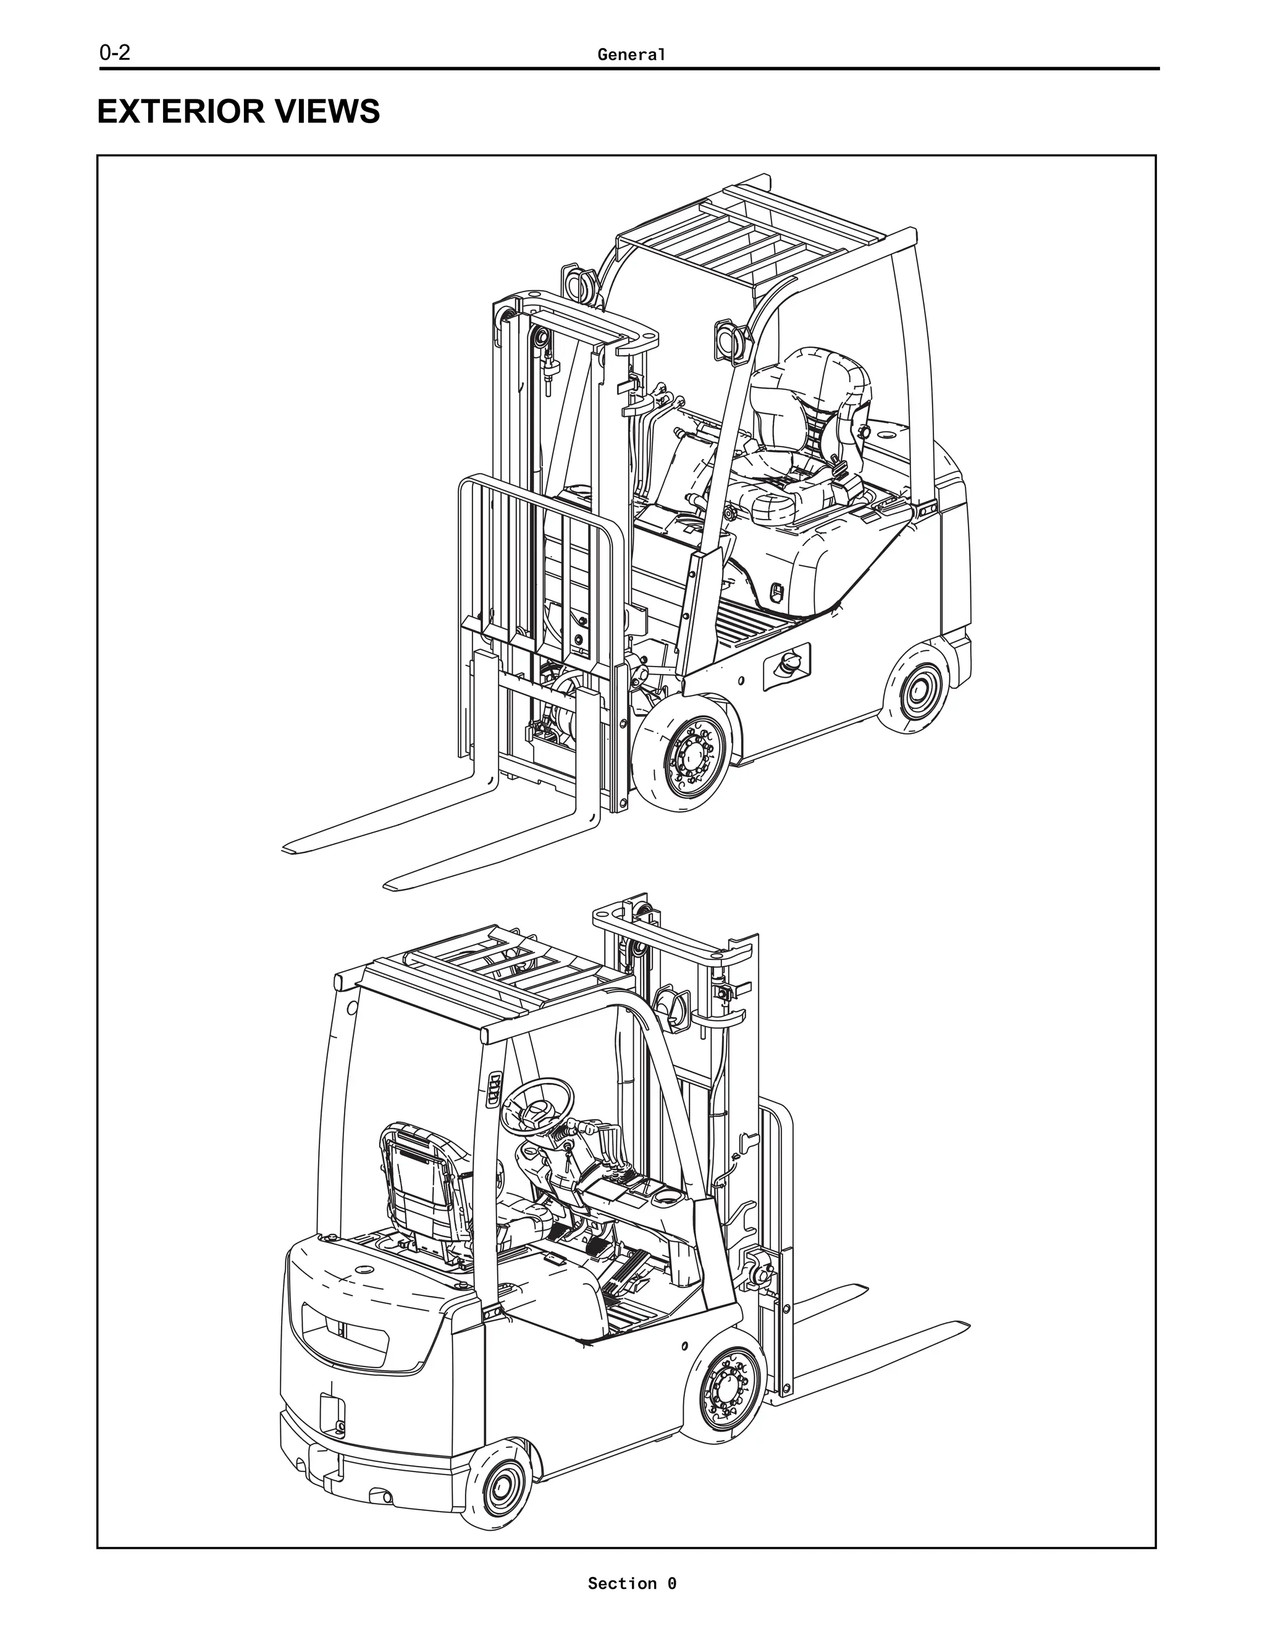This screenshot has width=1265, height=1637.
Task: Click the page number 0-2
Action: [115, 54]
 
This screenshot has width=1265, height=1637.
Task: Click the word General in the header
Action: [631, 55]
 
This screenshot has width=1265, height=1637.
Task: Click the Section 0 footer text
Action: [631, 1583]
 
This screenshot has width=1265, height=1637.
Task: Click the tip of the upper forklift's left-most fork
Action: [288, 849]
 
